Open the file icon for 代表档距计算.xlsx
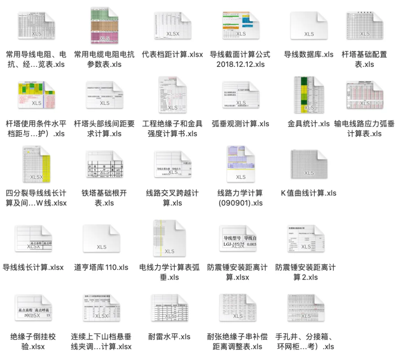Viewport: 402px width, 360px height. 173,26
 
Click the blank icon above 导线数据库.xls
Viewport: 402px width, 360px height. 309,26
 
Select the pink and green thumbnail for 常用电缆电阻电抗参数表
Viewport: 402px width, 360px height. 105,26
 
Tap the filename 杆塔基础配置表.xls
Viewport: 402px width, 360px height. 364,59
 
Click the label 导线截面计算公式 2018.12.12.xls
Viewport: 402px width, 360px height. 240,59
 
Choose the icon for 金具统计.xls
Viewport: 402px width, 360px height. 309,95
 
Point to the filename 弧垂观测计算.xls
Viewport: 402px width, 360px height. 240,124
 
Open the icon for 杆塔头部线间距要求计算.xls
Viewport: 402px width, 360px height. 105,95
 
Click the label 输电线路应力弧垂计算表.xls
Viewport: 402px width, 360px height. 364,129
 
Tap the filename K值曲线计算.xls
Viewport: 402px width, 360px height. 309,193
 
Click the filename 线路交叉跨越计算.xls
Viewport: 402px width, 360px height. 172,198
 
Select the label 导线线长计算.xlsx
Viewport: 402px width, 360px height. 33,267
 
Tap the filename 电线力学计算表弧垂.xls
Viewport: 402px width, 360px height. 169,272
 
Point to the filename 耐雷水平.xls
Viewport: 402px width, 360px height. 169,337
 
